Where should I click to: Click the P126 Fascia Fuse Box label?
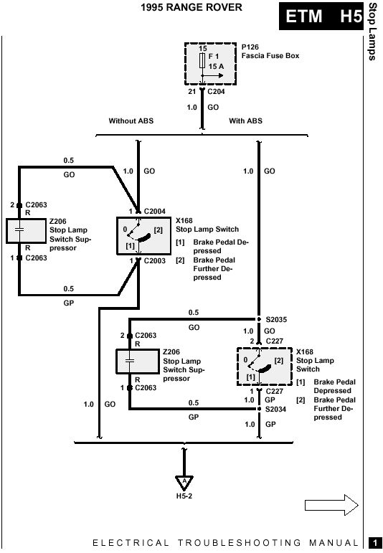270,52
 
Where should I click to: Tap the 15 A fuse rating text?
216,66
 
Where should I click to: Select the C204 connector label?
216,92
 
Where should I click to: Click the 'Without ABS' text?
131,121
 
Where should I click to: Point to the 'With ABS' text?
245,121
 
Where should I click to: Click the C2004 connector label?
154,212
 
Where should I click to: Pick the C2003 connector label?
154,261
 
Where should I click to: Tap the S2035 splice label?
276,319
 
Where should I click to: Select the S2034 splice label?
275,409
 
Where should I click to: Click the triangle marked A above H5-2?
184,482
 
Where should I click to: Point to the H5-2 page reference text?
184,496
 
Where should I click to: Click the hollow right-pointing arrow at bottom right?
331,505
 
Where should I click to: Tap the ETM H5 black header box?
321,16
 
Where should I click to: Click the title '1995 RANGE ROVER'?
191,7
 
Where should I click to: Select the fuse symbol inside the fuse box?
202,61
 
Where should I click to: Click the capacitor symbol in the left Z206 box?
20,230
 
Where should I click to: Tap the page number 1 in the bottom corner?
373,542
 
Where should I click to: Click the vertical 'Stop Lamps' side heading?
372,32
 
